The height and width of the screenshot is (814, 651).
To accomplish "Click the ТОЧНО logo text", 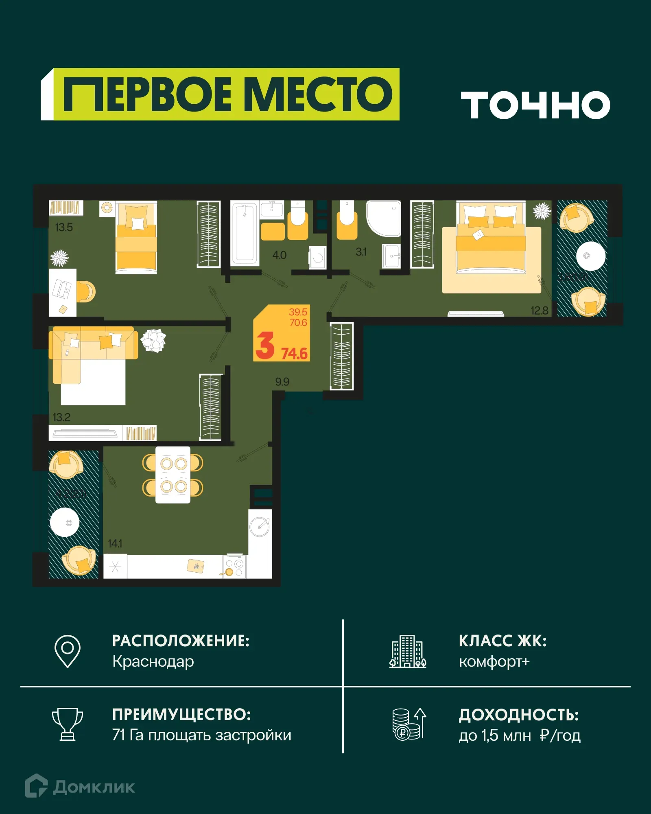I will click(x=535, y=105).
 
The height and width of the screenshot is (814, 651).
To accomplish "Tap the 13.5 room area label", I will click(x=64, y=227).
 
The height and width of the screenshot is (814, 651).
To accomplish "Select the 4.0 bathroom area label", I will click(x=279, y=255).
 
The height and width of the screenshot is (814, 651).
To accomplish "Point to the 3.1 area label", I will click(x=361, y=252).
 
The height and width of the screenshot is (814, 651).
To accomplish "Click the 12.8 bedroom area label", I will click(x=539, y=311).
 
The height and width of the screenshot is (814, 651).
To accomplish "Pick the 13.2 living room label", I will click(x=61, y=417).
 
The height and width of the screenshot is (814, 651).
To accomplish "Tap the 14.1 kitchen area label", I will click(x=115, y=543).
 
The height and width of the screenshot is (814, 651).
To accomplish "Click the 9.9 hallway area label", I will click(x=282, y=382).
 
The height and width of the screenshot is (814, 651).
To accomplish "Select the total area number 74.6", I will click(x=295, y=353).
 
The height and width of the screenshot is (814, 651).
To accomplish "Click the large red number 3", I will click(x=265, y=346).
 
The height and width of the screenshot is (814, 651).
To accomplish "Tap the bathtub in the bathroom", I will click(x=245, y=234).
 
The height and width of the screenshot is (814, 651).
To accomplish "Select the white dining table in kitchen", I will click(x=173, y=475).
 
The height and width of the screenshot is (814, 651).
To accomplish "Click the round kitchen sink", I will click(x=260, y=527).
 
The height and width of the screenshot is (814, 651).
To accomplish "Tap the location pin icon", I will click(x=68, y=651).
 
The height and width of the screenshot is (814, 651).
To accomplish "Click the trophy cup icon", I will click(x=68, y=724).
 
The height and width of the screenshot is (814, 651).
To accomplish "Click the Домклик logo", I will click(x=80, y=787).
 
